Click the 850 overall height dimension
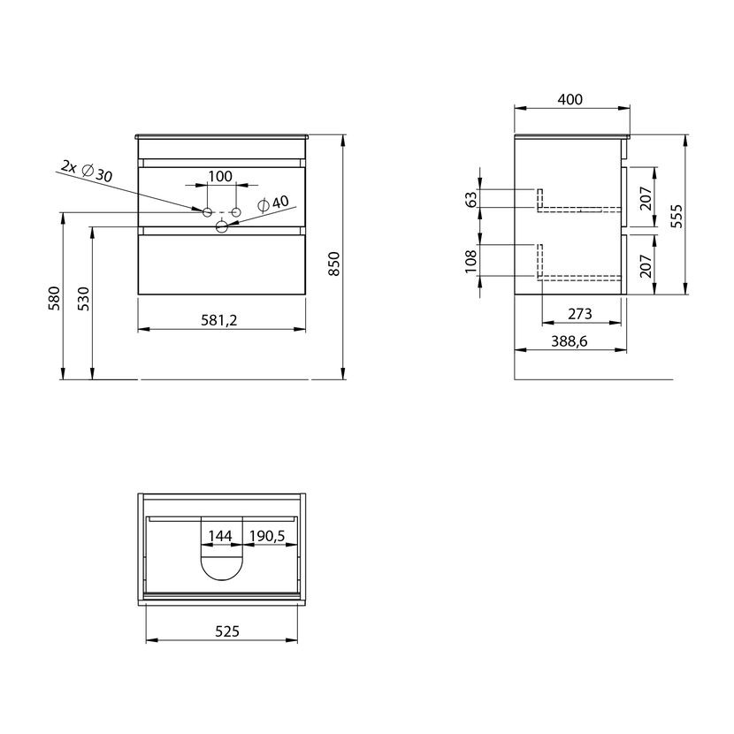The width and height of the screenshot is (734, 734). tap(333, 264)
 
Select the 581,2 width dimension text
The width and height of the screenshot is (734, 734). tap(219, 320)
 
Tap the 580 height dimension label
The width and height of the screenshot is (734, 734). tap(54, 298)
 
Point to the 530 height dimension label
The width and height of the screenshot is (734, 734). tap(83, 299)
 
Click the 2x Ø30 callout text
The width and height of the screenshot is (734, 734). tap(87, 172)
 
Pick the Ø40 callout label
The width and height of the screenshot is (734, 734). tap(273, 203)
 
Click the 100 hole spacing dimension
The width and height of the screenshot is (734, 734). tap(220, 177)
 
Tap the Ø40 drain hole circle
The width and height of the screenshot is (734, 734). tap(221, 227)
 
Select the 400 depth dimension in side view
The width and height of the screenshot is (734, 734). tap(570, 99)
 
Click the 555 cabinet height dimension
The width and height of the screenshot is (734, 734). tap(677, 216)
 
